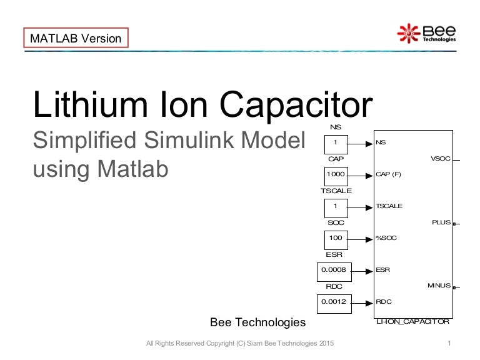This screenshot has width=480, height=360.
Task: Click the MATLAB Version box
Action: click(x=76, y=38)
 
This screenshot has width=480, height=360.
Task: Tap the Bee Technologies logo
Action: click(x=427, y=32)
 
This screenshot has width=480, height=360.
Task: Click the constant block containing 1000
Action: click(x=336, y=174)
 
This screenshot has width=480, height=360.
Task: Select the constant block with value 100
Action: click(x=336, y=238)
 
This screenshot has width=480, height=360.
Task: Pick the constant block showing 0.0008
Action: click(x=332, y=270)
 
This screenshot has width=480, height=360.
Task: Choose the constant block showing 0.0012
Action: click(x=332, y=302)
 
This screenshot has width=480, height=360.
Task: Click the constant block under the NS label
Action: click(x=336, y=142)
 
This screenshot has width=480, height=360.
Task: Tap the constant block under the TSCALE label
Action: click(x=336, y=206)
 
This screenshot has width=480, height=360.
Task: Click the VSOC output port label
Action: click(x=440, y=159)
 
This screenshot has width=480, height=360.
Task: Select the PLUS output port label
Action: click(x=441, y=222)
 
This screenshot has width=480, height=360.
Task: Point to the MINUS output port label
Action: click(x=439, y=286)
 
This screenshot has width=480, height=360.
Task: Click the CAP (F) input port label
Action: click(x=388, y=174)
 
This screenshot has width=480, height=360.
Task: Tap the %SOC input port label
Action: click(x=386, y=238)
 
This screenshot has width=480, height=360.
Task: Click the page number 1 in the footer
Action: click(x=449, y=344)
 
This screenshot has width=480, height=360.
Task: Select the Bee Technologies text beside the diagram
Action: click(x=257, y=322)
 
